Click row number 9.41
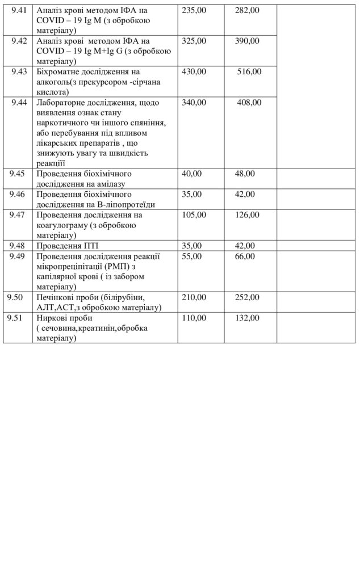(20, 11)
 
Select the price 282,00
(248, 11)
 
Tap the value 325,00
(194, 41)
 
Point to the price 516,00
(249, 71)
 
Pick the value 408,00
(249, 102)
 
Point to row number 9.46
(20, 194)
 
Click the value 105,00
(194, 214)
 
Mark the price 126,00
(247, 214)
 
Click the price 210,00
(194, 297)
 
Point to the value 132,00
(247, 318)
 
